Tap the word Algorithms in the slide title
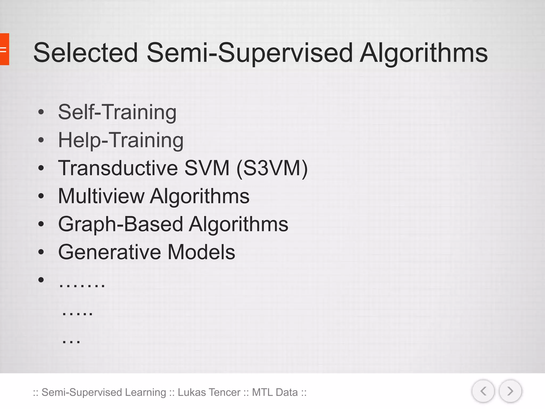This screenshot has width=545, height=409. pos(424,53)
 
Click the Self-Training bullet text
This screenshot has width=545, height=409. pos(117,112)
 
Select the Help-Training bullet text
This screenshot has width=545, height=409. pos(121,140)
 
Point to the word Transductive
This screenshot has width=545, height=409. pos(118,168)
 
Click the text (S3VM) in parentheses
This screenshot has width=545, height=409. pos(272,168)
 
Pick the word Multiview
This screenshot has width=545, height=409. pos(101,196)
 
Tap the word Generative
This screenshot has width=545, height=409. pos(109,252)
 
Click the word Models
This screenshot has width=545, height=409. pos(201,252)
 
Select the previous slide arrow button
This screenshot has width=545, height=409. pos(483,391)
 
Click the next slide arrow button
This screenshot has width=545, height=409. pos(510,391)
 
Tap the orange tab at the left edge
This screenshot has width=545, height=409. pos(4,49)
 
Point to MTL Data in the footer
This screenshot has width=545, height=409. pos(275,392)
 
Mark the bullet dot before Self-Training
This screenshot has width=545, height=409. pos(41,112)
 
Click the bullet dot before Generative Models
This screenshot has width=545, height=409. pos(41,252)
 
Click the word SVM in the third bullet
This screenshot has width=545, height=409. pos(207,168)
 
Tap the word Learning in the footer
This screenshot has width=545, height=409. pos(145,392)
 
